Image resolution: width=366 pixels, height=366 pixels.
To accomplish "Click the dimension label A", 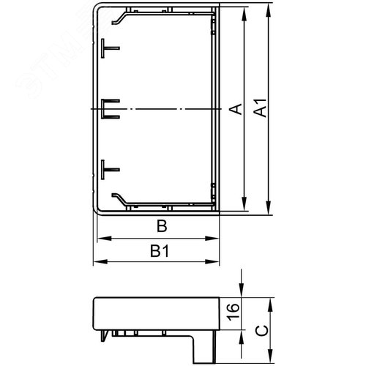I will coord(235,109).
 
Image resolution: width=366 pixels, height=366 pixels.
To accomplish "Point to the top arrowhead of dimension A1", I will coord(271,13).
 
